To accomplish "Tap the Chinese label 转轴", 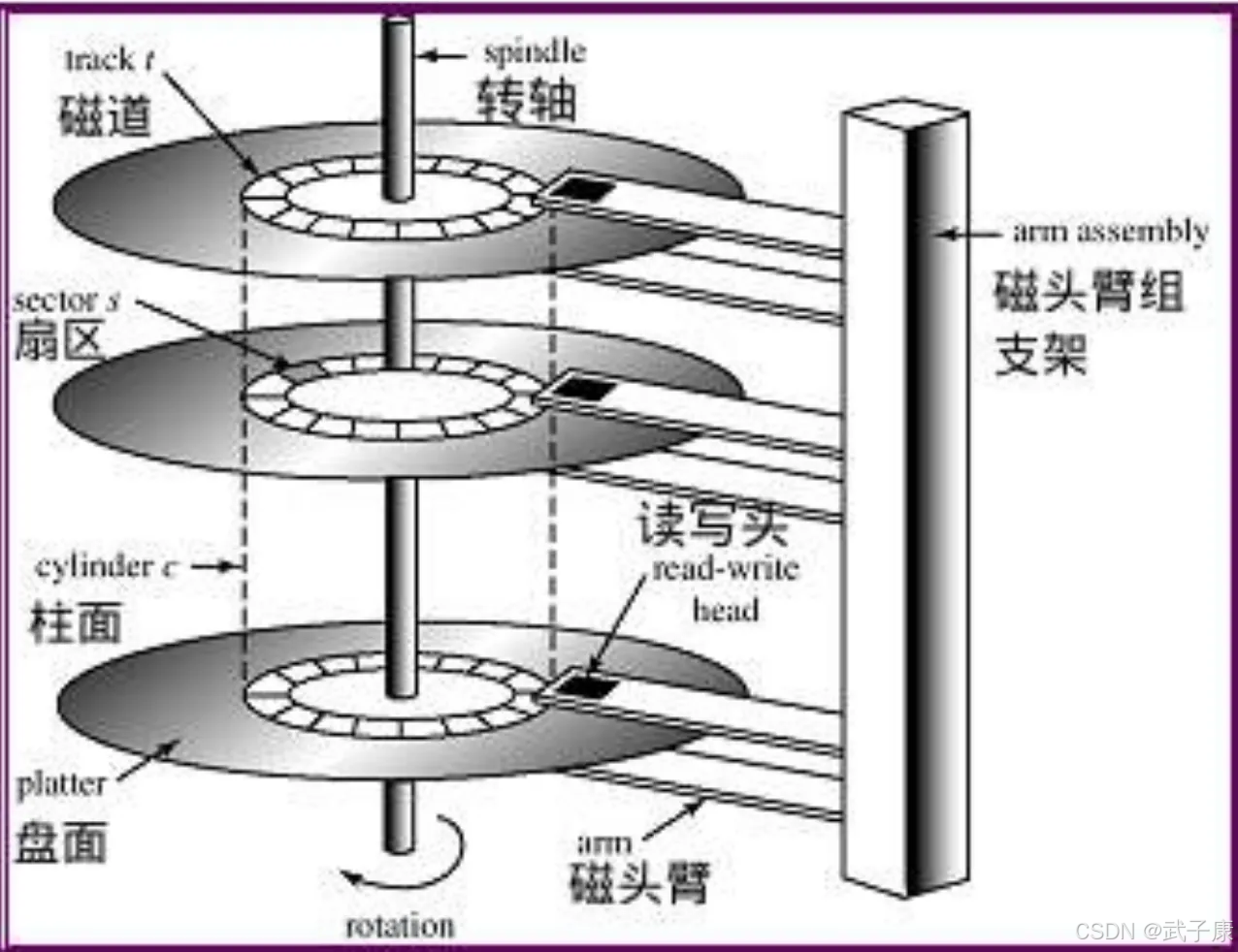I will [528, 100].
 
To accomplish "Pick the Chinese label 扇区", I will [58, 341].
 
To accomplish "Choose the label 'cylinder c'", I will [107, 567].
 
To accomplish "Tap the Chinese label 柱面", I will [76, 621].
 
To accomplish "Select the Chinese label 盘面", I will [60, 840].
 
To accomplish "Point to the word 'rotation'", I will [400, 926].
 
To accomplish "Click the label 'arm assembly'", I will [1111, 232].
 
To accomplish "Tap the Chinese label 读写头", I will [712, 524].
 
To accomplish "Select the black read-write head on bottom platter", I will [585, 686].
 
